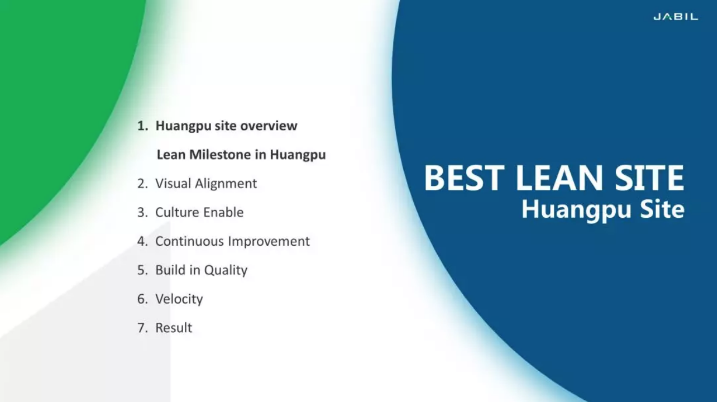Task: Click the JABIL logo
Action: coord(676,17)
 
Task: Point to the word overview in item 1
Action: coord(269,126)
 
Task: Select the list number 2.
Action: coord(142,184)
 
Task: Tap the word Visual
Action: coord(174,184)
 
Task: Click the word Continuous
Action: coord(189,241)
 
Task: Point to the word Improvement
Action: coord(269,242)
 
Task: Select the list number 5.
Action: coord(142,270)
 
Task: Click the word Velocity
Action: coord(179,299)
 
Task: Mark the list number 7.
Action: coord(142,328)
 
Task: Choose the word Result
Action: coord(174,328)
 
